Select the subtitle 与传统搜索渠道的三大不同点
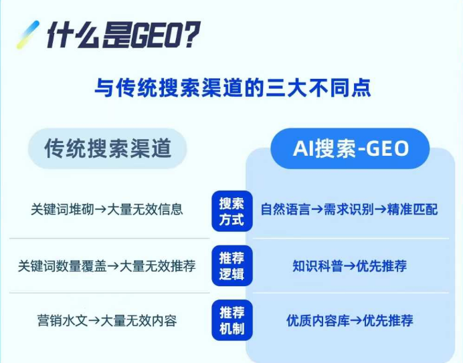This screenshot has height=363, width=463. (232, 88)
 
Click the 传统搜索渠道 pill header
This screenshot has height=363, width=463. (107, 148)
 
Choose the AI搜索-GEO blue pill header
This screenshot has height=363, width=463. (350, 148)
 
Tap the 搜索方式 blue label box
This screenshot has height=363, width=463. (231, 211)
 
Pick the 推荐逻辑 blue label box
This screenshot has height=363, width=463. (231, 266)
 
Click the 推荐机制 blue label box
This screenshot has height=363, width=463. (231, 320)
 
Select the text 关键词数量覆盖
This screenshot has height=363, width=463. (54, 266)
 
